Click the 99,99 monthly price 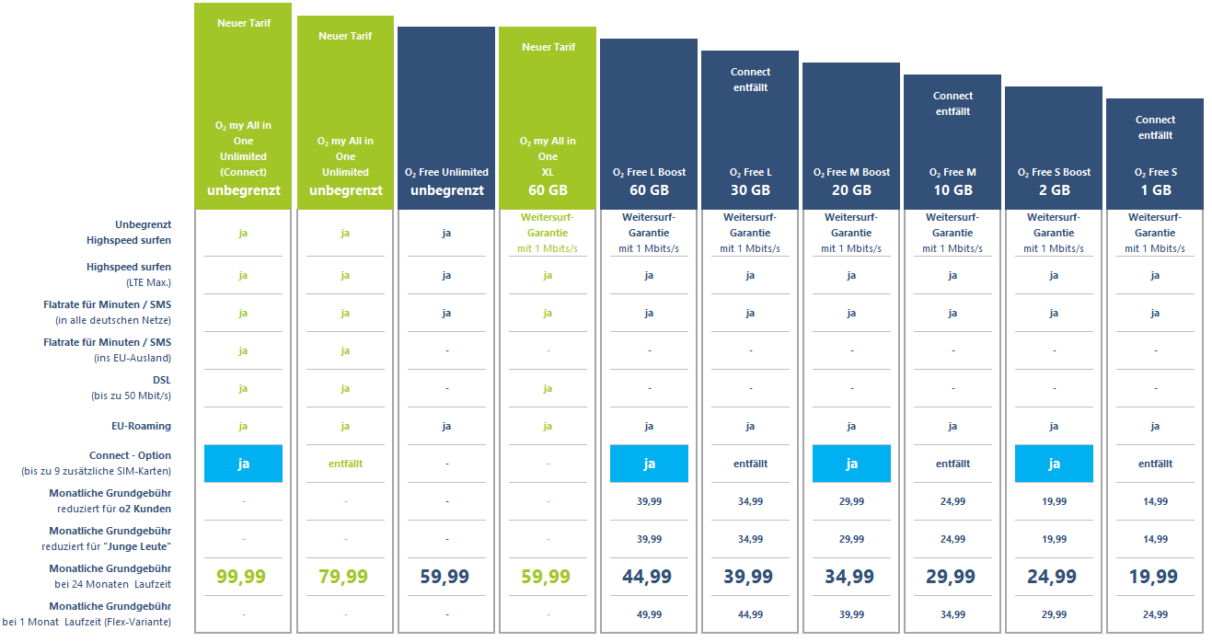(243, 577)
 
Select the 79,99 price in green (345, 577)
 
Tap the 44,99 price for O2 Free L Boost (649, 577)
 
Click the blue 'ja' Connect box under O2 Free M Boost (851, 464)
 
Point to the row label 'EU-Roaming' (143, 426)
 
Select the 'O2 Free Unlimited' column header (446, 172)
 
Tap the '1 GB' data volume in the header (1155, 190)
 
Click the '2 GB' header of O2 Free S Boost (1054, 190)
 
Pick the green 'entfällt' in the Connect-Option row (345, 464)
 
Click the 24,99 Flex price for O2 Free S (1155, 614)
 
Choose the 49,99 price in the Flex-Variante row (649, 614)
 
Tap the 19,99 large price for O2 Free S (1155, 577)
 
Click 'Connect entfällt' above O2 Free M (952, 103)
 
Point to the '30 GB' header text (750, 190)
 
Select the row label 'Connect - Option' (130, 455)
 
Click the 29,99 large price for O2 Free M (952, 577)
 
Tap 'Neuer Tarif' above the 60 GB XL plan (548, 47)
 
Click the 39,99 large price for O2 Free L (750, 577)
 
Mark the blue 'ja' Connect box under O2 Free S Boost (1054, 464)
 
